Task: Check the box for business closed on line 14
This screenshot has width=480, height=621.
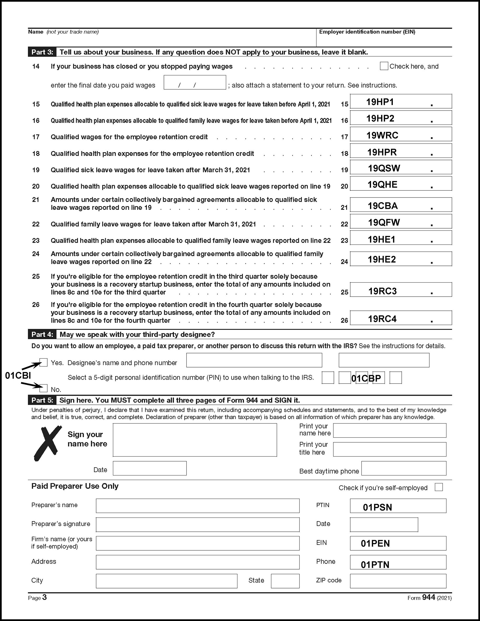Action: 384,66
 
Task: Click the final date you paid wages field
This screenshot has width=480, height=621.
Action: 195,82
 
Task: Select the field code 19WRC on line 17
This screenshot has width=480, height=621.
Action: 382,135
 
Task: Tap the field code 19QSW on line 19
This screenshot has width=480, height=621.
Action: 384,168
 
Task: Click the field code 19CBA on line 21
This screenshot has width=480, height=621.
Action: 383,206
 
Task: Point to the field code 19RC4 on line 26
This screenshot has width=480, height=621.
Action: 382,319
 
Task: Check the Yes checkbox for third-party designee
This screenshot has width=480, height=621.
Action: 44,363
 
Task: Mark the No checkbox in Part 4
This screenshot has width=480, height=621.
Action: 44,388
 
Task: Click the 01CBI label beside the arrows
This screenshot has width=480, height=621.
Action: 18,376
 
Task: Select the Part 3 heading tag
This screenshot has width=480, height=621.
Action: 42,52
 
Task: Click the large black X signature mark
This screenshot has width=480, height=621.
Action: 48,443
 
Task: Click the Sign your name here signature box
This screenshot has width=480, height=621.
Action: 195,440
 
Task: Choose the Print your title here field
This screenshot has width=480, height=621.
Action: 390,449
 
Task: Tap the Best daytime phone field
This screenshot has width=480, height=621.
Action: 404,468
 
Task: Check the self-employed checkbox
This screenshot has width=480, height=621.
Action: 439,487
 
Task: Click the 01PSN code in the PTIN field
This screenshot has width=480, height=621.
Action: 377,507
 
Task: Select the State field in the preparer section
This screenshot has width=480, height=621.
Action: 285,581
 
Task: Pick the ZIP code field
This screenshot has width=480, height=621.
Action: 398,581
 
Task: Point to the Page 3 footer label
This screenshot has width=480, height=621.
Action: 37,597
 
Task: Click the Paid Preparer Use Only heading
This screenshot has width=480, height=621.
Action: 75,486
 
